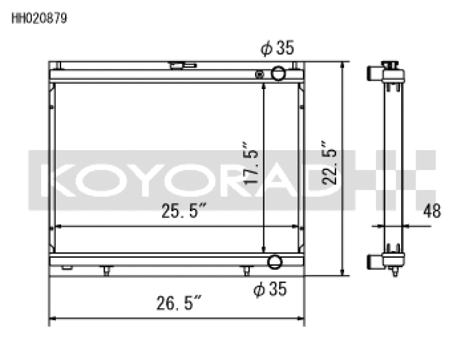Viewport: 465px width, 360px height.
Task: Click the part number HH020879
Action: [x=39, y=18]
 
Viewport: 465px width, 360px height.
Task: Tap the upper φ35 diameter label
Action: [x=278, y=49]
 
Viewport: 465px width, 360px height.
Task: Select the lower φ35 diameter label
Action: [x=270, y=289]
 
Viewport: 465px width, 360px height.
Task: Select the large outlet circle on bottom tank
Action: [x=275, y=262]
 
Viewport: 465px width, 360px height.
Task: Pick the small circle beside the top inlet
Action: [x=260, y=74]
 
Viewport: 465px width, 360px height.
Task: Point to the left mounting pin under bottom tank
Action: [x=106, y=270]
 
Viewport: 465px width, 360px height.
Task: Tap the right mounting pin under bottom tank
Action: [x=246, y=270]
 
